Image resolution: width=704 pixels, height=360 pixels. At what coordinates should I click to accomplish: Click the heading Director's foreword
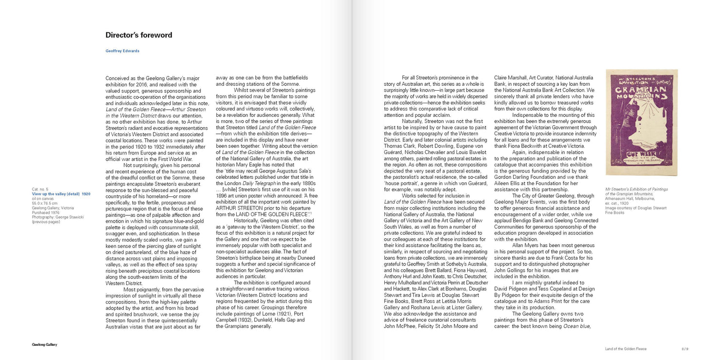(x=138, y=35)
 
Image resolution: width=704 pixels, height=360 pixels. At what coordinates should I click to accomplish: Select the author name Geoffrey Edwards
(x=122, y=51)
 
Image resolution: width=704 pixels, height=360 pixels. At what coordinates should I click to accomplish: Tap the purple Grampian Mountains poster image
(x=641, y=123)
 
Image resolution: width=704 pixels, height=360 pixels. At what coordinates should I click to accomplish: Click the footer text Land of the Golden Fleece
(x=626, y=349)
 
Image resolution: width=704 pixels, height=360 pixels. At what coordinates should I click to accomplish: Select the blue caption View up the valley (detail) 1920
(x=61, y=194)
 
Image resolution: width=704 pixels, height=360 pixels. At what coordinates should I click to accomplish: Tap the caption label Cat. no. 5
(x=40, y=189)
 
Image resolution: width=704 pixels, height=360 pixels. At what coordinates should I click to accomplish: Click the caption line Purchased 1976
(x=46, y=212)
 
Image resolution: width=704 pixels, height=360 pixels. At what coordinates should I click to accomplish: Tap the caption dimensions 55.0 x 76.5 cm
(x=44, y=203)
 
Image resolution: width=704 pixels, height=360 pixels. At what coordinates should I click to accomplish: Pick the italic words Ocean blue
(x=576, y=326)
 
